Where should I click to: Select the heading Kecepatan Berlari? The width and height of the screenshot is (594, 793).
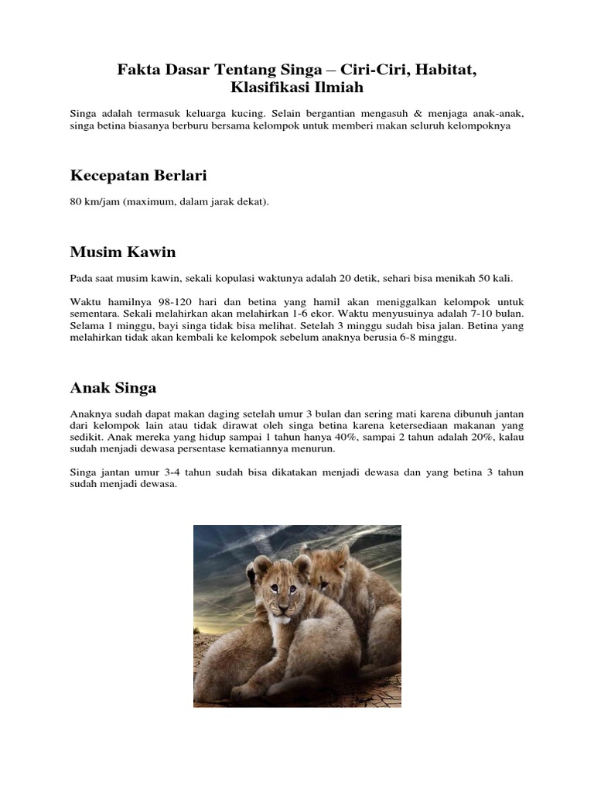point(139,176)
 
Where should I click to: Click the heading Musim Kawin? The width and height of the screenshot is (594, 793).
point(123,252)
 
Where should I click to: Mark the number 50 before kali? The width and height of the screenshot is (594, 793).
point(484,278)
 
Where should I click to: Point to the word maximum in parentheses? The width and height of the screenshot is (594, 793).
point(154,202)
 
